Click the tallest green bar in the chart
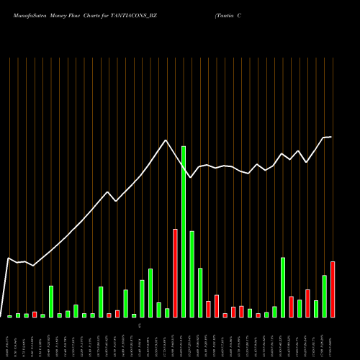184,231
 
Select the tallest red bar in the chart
175,273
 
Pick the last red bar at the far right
333,289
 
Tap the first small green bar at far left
10,316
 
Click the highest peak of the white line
166,140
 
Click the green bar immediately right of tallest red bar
184,231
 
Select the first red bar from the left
35,315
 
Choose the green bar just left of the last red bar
325,296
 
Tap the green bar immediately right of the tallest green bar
192,274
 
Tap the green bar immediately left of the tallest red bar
167,312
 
